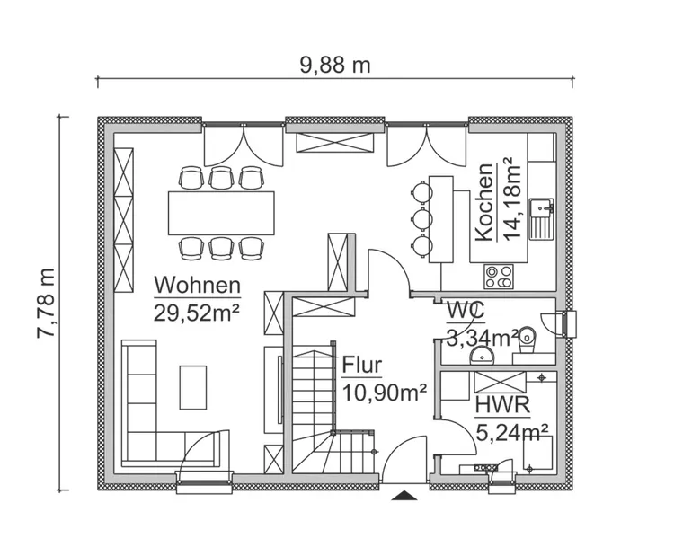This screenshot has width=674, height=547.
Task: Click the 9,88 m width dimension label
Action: [x=334, y=65]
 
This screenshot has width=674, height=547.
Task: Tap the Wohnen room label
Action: [x=198, y=286]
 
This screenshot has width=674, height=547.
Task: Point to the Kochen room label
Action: [x=483, y=202]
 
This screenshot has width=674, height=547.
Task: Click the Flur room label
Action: [x=362, y=366]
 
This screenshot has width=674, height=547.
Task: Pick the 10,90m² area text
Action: [x=384, y=393]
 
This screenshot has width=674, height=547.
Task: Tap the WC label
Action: [x=466, y=311]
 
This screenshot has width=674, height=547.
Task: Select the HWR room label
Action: [x=502, y=405]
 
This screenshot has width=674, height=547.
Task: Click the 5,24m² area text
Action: [x=512, y=432]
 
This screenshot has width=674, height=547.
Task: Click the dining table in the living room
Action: [x=221, y=212]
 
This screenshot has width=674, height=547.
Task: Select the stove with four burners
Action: [x=499, y=277]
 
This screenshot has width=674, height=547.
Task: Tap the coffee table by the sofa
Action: [x=193, y=385]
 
